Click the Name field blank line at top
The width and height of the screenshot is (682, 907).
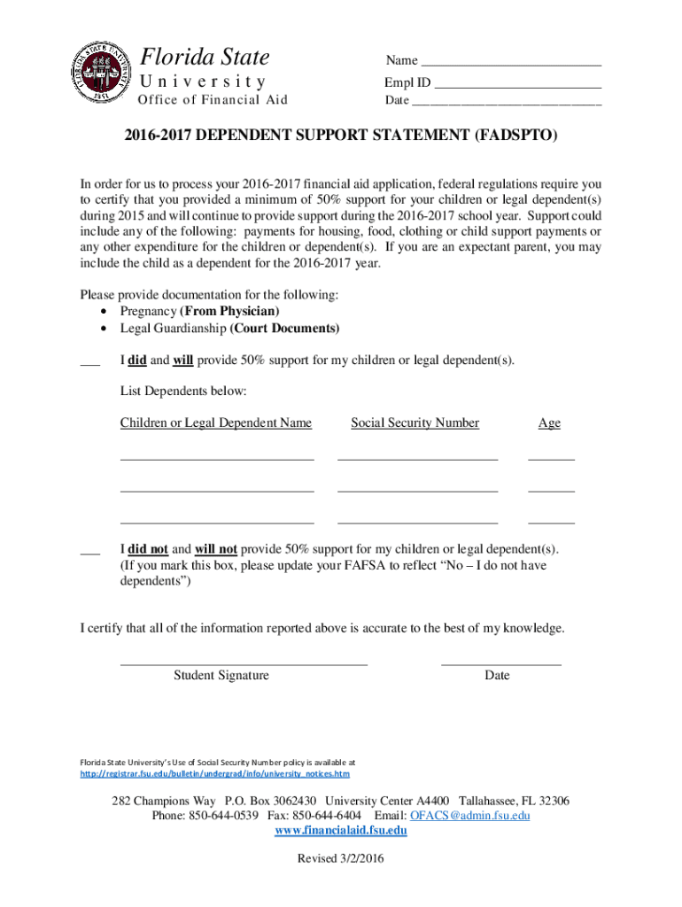[x=511, y=65]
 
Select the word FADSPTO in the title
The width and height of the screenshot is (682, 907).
[x=515, y=138]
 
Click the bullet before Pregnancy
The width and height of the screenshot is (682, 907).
[x=105, y=312]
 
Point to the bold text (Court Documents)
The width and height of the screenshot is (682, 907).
[x=284, y=329]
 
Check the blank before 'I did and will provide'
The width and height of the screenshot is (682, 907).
[x=89, y=363]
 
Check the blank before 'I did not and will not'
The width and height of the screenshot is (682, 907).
[x=89, y=553]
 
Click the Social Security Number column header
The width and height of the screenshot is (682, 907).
[x=415, y=423]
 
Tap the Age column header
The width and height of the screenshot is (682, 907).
[x=549, y=423]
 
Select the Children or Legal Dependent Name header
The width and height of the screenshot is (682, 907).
[x=216, y=423]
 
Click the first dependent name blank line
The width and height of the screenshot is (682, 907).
[x=217, y=459]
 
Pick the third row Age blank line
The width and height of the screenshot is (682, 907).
[x=551, y=523]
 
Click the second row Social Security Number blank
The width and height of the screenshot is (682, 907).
[x=417, y=490]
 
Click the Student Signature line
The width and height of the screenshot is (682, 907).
[x=243, y=663]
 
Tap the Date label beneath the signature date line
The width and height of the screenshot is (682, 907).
[x=497, y=676]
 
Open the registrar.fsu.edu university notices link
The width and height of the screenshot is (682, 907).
[x=209, y=773]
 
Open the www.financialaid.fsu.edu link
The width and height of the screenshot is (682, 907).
[x=341, y=831]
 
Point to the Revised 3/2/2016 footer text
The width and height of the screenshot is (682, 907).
[x=341, y=859]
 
